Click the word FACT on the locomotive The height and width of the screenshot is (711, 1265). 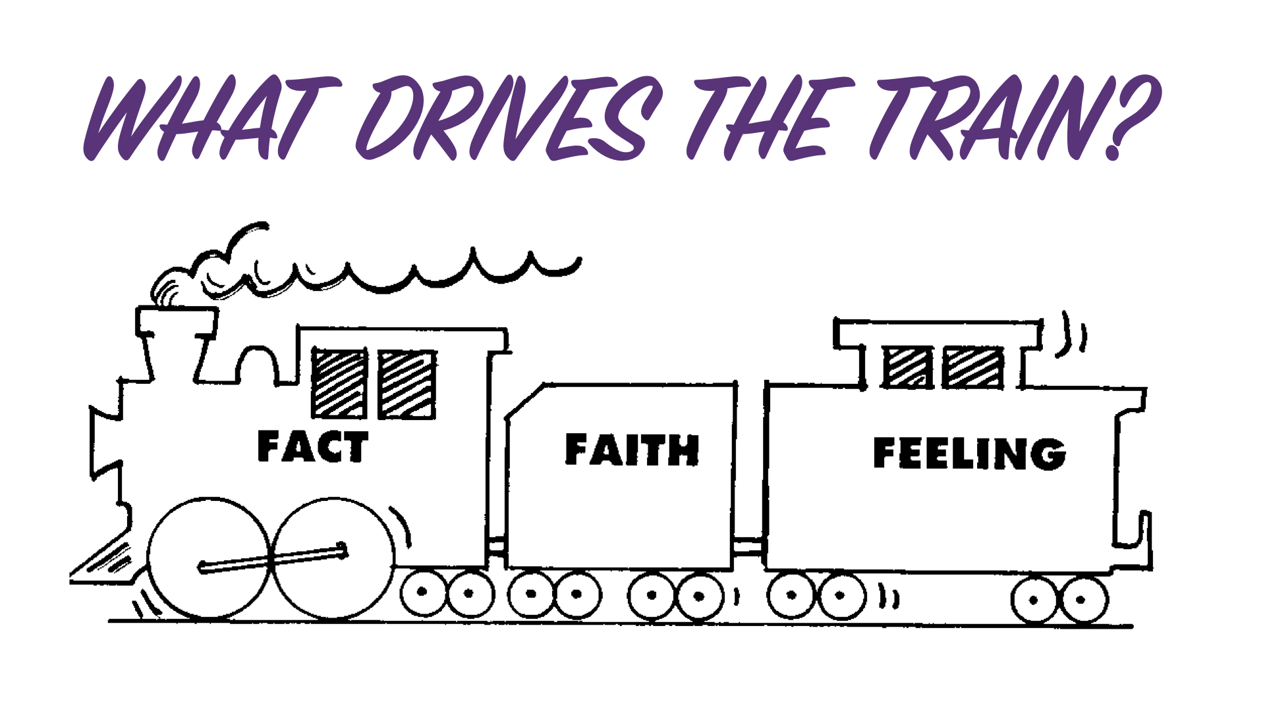point(312,446)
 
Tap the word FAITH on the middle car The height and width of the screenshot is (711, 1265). point(632,450)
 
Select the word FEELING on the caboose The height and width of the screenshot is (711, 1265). point(969,454)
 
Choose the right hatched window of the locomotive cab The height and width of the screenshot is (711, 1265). point(407,384)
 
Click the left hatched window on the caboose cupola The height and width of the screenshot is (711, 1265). point(907,367)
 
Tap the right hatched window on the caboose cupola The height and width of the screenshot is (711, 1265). point(973,367)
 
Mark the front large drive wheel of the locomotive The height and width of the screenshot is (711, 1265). point(210,558)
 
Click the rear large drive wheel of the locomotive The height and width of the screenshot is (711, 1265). point(333,558)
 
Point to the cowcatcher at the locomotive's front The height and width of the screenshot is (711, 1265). point(105,560)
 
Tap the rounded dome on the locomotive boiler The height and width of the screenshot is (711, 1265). point(258,365)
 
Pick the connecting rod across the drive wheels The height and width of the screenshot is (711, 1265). point(273,558)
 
